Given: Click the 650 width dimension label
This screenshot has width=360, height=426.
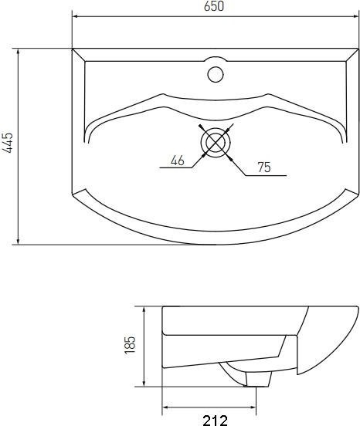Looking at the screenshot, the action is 214,6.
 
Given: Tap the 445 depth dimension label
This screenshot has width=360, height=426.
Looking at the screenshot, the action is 8,143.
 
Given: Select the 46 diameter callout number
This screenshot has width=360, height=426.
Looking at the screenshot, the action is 178,161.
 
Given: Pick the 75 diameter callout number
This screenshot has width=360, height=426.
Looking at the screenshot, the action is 264,167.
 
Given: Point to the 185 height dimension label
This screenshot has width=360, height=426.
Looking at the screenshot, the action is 130,345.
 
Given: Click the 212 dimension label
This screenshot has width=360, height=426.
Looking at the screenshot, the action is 216,421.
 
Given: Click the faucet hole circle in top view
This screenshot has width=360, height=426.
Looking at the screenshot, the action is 216,74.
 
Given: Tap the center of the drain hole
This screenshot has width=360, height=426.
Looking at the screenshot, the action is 216,142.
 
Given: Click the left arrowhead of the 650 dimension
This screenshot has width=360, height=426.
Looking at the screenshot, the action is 75,16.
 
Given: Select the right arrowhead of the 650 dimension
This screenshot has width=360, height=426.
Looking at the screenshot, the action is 356,16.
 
